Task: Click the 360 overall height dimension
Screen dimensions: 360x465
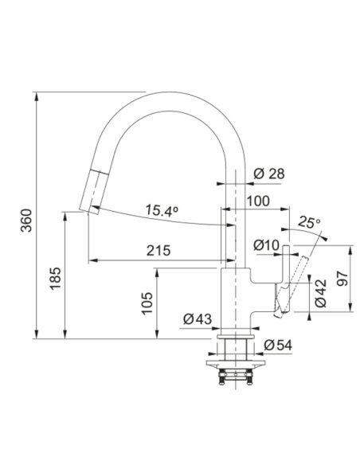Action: pos(27,221)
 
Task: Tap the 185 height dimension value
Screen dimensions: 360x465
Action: pos(55,278)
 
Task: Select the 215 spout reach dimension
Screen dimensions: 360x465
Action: pos(158,251)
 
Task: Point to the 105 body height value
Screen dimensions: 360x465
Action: pos(147,303)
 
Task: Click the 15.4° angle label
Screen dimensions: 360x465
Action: pos(162,210)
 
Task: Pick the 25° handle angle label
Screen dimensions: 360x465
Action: pos(309,221)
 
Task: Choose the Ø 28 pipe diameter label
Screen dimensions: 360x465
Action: pos(269,174)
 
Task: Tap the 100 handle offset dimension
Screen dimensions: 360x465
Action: pos(258,201)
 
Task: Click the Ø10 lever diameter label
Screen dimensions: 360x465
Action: pos(266,245)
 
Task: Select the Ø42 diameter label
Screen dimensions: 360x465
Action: pos(320,293)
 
